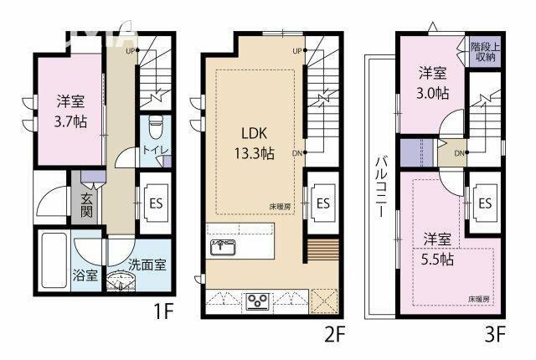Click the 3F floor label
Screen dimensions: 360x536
point(494,336)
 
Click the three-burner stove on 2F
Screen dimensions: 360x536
point(256,301)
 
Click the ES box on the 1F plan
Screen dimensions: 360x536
point(156,202)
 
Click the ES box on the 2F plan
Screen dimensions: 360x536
point(323,202)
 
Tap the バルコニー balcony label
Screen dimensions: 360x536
point(379,183)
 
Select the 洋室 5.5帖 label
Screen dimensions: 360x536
point(436,248)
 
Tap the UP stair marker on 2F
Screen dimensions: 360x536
point(296,51)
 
